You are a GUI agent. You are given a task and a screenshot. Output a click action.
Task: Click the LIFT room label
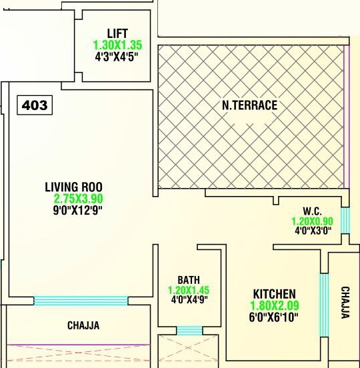(x=117, y=33)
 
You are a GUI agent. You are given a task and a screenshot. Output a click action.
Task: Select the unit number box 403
(x=35, y=105)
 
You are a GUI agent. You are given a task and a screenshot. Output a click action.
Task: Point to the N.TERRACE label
(x=250, y=105)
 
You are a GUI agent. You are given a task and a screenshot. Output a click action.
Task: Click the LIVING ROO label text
(x=73, y=186)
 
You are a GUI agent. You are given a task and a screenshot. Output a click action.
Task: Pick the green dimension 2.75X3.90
(x=78, y=199)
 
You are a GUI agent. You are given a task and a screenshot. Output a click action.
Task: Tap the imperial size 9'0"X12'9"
(x=77, y=211)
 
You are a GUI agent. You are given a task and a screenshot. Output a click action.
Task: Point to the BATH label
(x=189, y=279)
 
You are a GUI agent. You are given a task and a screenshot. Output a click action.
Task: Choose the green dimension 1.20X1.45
(x=189, y=290)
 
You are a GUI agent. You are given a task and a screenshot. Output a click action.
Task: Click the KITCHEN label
(x=274, y=293)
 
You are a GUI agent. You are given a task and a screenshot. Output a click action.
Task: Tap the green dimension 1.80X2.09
(x=274, y=305)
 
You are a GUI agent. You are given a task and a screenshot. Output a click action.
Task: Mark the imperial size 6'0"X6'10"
(x=274, y=317)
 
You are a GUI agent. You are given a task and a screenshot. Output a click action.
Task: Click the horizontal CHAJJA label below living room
(x=83, y=326)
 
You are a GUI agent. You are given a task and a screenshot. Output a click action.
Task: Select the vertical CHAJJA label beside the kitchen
(x=344, y=303)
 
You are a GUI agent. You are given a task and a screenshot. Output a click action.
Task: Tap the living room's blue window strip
(x=81, y=301)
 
